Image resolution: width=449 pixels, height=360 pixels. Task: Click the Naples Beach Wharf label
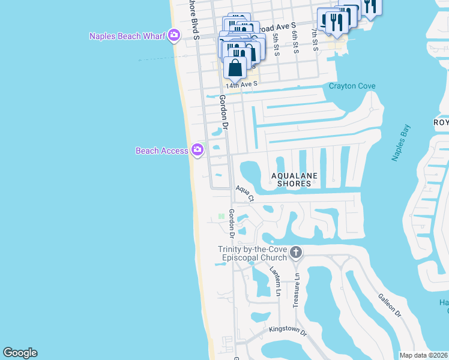(127, 36)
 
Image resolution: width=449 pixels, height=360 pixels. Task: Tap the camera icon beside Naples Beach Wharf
(174, 36)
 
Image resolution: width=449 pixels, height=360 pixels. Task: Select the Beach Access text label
(162, 151)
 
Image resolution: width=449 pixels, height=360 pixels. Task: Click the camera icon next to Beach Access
(197, 150)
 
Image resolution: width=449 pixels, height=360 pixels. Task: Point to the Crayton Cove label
(352, 86)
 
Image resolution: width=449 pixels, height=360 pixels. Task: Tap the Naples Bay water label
(401, 143)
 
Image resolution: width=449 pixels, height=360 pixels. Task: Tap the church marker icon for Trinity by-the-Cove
(295, 253)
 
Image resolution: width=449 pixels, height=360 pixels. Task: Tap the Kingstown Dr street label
(288, 331)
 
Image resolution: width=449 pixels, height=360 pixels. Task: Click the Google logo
(20, 353)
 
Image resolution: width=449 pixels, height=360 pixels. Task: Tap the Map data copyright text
(423, 355)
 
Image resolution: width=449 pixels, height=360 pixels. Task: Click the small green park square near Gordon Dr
(221, 216)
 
